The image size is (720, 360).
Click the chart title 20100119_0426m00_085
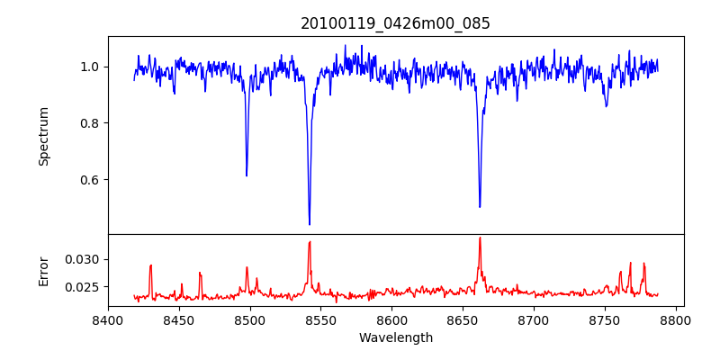click(x=395, y=23)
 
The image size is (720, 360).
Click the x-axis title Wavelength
click(x=395, y=338)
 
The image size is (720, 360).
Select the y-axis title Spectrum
click(x=43, y=136)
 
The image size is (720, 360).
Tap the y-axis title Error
click(x=43, y=270)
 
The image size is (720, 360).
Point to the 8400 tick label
click(x=108, y=319)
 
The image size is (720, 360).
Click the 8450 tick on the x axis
click(x=179, y=319)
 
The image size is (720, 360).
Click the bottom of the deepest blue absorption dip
click(x=310, y=224)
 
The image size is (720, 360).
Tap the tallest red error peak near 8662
click(x=480, y=238)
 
